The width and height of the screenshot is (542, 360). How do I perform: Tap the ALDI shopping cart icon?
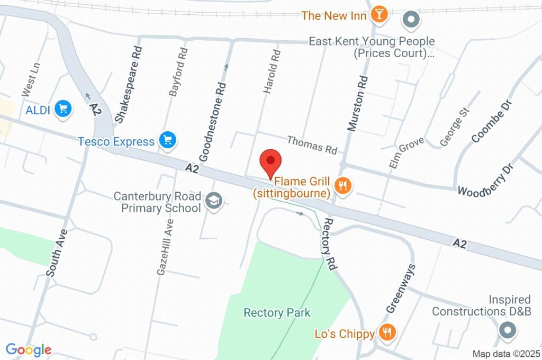64,110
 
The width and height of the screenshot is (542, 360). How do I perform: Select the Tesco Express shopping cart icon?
169,141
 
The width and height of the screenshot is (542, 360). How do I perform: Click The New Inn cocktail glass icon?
379,14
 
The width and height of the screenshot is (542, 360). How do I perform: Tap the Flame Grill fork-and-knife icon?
344,186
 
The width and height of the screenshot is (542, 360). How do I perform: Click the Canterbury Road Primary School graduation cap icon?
214,201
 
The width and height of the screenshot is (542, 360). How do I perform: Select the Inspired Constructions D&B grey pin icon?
508,331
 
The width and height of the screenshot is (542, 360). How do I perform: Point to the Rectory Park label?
277,313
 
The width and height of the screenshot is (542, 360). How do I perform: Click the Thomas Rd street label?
312,145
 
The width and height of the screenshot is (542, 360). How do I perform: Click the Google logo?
29,349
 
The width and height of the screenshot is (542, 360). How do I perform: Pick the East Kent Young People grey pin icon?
411,21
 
